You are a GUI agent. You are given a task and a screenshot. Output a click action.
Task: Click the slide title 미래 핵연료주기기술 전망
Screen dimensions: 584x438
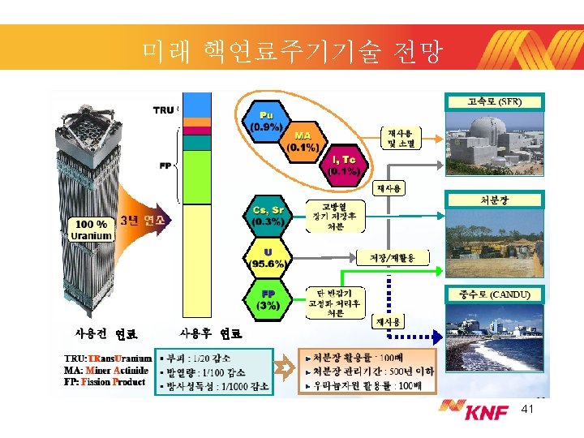[x=292, y=53]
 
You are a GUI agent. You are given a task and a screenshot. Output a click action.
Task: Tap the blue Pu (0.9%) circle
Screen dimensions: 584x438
[x=266, y=121]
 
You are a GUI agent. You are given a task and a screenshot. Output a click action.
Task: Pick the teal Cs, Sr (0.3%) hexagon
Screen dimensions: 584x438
[x=268, y=215]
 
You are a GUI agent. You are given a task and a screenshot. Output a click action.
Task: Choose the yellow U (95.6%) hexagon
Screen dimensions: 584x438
[x=268, y=257]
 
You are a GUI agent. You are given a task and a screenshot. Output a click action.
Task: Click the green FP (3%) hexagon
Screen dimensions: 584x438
[x=268, y=299]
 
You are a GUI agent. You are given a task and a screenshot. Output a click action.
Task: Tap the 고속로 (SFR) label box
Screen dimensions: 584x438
[x=494, y=101]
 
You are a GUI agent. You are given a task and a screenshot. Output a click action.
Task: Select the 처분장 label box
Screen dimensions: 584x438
[x=494, y=199]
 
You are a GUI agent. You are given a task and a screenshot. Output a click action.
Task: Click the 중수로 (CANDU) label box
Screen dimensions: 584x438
[x=494, y=294]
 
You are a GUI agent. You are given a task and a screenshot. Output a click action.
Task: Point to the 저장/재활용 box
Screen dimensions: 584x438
[x=391, y=258]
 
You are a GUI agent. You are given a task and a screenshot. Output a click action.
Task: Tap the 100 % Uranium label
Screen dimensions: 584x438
[x=91, y=230]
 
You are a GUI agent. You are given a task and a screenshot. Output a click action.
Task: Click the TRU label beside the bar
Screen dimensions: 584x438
[x=163, y=109]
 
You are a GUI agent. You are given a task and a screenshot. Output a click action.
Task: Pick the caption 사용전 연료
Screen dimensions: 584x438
[x=105, y=333]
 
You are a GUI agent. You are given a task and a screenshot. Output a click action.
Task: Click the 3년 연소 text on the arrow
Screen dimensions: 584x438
[x=142, y=220]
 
